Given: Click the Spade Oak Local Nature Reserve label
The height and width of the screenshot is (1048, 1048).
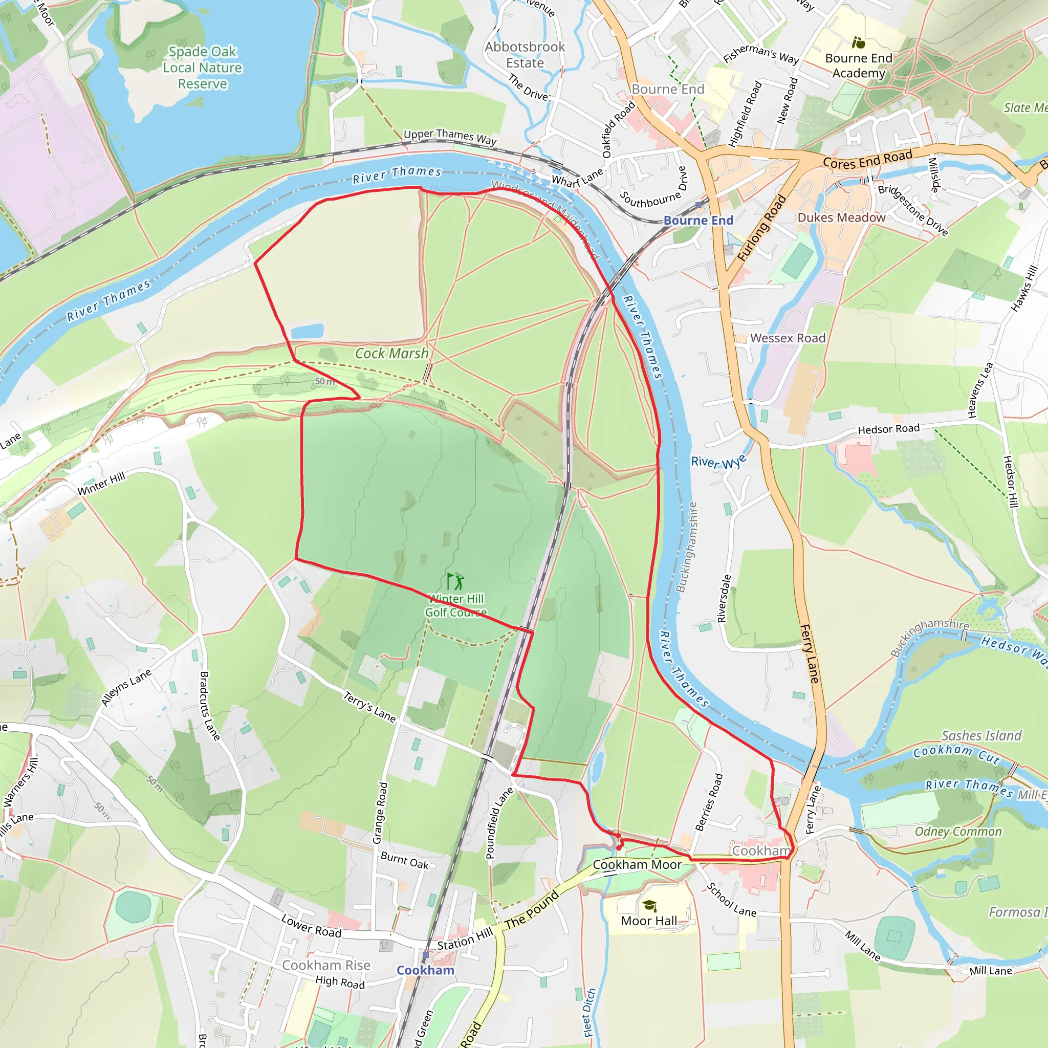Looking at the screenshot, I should click(202, 68).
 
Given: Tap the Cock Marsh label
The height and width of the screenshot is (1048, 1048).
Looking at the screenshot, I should click(391, 354).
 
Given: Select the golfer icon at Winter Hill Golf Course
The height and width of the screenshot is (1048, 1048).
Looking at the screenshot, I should click(455, 581).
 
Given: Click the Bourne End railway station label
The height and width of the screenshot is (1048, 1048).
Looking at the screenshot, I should click(698, 220).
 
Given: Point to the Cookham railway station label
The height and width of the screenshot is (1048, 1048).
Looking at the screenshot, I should click(425, 970).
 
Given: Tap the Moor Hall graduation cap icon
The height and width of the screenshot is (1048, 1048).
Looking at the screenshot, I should click(649, 905).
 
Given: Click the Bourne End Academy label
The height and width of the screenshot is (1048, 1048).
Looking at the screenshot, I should click(859, 65).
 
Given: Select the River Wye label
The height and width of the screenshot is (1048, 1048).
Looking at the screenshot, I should click(719, 462).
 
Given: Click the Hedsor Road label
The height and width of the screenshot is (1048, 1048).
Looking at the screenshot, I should click(888, 429).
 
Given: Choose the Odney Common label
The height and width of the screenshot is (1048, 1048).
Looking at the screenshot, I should click(958, 832).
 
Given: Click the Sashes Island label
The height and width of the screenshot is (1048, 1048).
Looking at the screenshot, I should click(981, 735).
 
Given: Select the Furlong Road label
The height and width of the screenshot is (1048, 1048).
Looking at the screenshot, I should click(761, 228).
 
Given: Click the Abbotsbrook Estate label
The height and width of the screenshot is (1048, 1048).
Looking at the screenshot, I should click(525, 55).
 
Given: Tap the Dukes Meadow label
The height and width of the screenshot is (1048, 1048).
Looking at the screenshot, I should click(841, 217).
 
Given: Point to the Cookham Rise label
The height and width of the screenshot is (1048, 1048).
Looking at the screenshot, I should click(326, 965).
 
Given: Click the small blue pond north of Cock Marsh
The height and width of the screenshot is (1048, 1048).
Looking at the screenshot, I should click(307, 332).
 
